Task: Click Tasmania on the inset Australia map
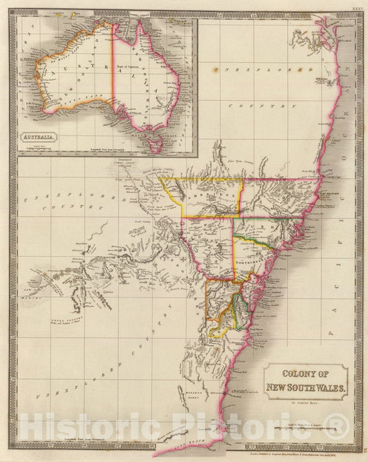[x=155, y=143]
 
